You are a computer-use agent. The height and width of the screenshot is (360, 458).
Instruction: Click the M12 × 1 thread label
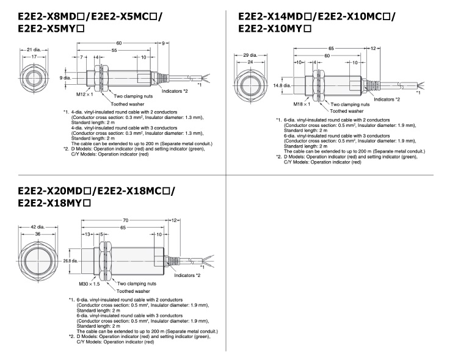84,95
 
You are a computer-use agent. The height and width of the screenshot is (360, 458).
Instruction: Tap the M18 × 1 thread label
302,104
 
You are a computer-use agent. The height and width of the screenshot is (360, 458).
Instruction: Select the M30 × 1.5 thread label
89,284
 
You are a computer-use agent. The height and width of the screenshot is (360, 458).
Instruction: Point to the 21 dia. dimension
34,49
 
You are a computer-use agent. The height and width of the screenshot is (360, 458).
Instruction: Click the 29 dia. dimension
250,55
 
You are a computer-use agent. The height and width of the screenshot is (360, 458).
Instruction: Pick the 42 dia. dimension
38,227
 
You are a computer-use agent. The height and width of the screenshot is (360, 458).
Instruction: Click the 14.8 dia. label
282,85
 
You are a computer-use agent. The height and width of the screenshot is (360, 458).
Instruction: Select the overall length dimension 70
126,220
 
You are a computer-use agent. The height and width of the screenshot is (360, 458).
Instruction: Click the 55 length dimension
114,51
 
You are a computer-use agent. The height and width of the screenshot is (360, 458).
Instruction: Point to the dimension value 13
87,234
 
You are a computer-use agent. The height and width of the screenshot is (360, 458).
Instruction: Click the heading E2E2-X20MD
54,190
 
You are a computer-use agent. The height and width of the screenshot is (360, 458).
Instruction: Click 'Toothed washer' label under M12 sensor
128,104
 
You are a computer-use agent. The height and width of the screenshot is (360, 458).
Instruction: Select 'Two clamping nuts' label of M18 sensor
350,104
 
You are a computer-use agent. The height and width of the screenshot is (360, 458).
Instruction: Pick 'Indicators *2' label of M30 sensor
187,275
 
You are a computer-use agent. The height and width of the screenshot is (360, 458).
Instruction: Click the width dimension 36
38,234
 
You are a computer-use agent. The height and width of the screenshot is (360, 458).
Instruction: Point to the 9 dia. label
65,77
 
